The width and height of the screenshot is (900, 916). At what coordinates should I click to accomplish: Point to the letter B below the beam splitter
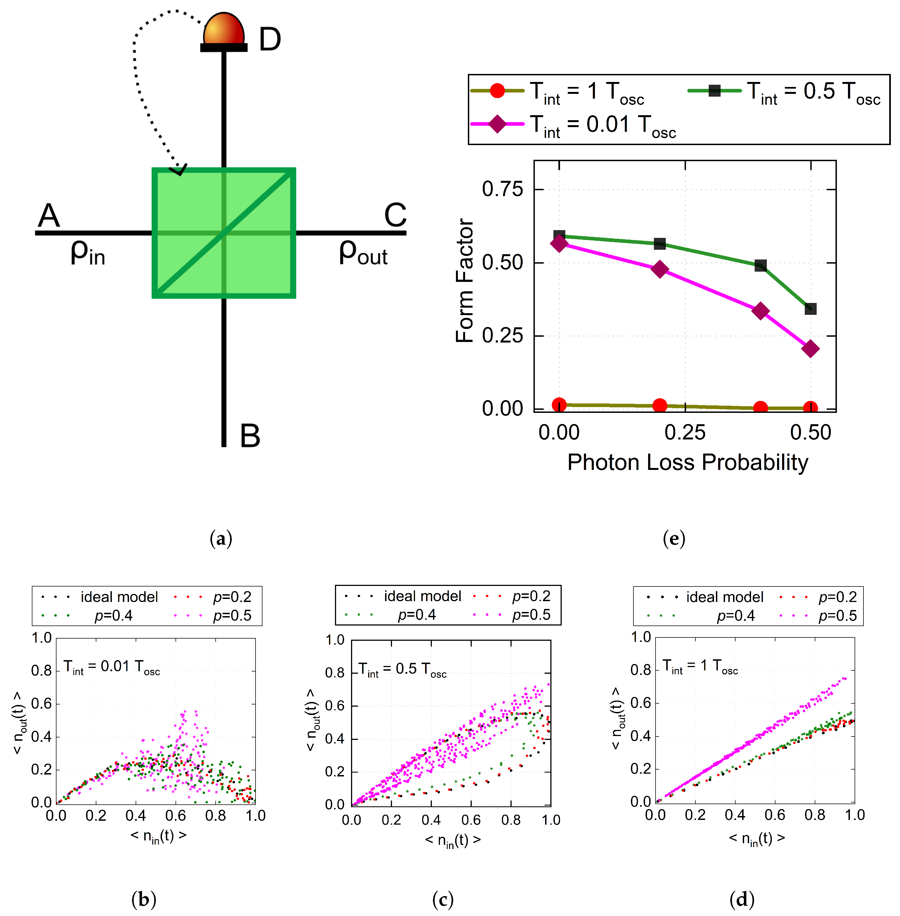pyautogui.click(x=250, y=436)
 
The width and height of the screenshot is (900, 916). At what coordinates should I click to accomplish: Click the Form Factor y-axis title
pyautogui.click(x=465, y=281)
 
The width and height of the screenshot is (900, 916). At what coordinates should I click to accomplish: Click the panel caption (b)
pyautogui.click(x=144, y=899)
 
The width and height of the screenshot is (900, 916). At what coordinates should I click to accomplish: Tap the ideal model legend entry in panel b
pyautogui.click(x=99, y=597)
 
